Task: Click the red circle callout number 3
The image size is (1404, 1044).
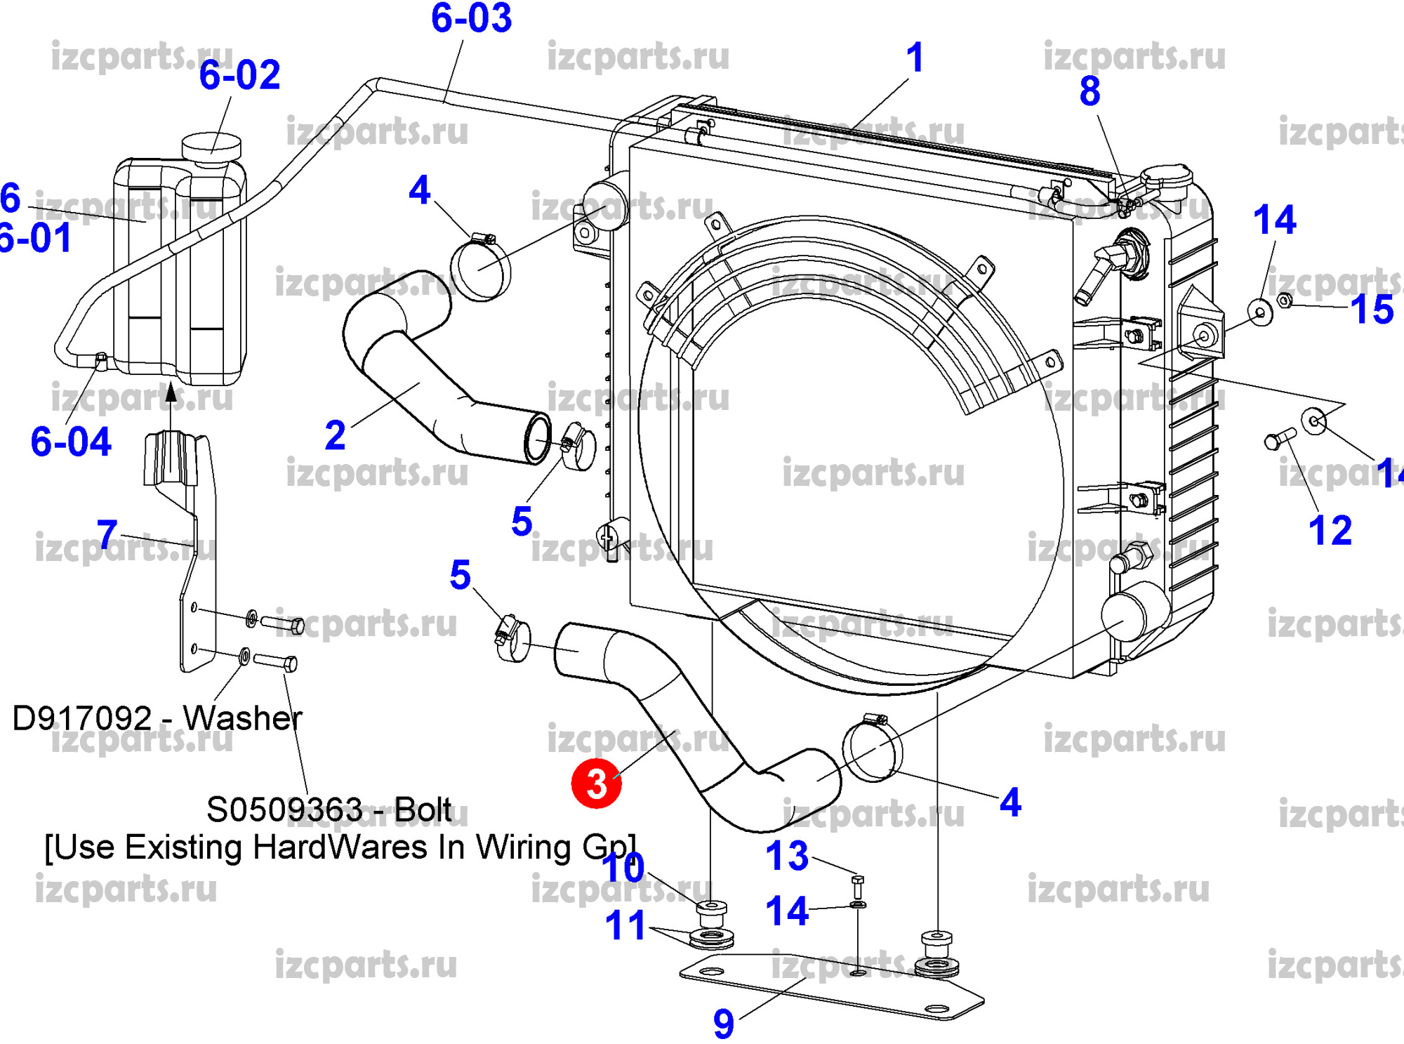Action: [x=596, y=784]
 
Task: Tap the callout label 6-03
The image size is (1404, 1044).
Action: [x=471, y=18]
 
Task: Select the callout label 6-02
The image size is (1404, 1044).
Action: [x=239, y=75]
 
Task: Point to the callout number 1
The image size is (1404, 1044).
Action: [x=914, y=58]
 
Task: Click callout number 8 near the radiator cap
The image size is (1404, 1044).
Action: [x=1090, y=92]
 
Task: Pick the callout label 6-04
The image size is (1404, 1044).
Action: [x=71, y=442]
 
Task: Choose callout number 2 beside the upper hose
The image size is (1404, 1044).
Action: [x=335, y=436]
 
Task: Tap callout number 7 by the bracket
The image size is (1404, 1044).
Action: [x=107, y=535]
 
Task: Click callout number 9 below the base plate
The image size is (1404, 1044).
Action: [x=723, y=1024]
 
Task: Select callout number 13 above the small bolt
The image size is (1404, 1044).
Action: [x=786, y=856]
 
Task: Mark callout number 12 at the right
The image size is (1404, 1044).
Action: [x=1330, y=531]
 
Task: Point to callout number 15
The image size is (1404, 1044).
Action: [x=1372, y=310]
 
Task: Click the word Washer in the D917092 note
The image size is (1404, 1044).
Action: [x=242, y=718]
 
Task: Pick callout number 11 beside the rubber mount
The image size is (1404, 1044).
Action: [x=625, y=926]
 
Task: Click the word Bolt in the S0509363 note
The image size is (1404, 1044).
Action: [x=423, y=810]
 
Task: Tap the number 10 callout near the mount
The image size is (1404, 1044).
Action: [x=623, y=868]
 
